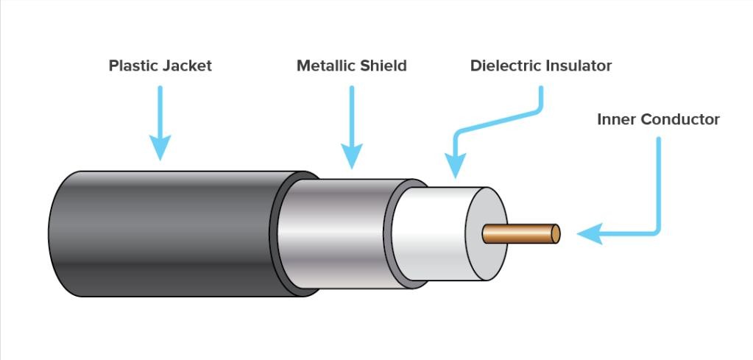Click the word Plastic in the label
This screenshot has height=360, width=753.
click(132, 66)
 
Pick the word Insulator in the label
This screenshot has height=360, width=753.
click(579, 66)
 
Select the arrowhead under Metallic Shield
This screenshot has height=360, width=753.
click(351, 155)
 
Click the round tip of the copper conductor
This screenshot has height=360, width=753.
click(556, 233)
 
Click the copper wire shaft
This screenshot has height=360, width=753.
click(519, 233)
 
